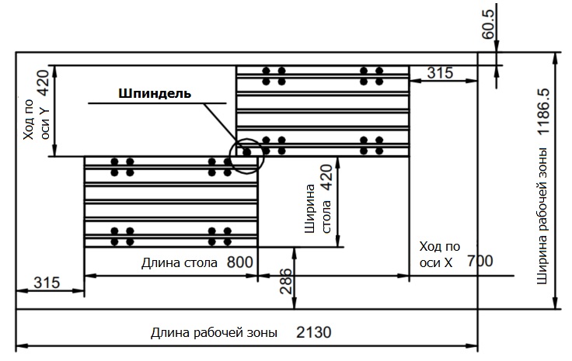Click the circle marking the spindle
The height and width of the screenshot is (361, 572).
(x=248, y=153)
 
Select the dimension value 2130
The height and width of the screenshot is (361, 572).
(x=314, y=333)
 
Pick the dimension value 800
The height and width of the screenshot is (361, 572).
(x=241, y=262)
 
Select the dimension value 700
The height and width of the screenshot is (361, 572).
(x=480, y=262)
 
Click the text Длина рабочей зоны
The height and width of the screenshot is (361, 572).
(x=214, y=334)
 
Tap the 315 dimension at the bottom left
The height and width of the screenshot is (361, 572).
(x=47, y=283)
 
